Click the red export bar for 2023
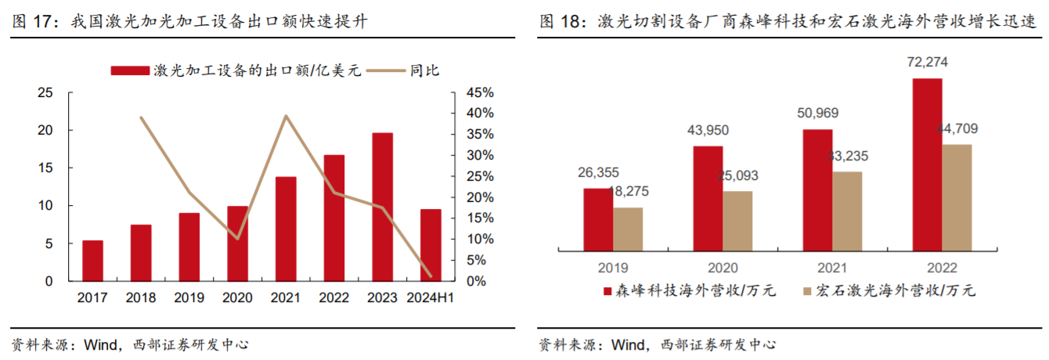tap(382, 207)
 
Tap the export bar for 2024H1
tap(431, 245)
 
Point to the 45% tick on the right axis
tap(479, 92)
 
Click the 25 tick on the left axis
tap(45, 92)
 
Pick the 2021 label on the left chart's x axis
tap(286, 297)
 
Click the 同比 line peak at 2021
tap(286, 116)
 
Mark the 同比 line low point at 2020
tap(238, 238)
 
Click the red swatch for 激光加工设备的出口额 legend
tap(130, 70)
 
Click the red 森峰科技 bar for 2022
tap(928, 164)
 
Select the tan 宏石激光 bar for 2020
tap(737, 220)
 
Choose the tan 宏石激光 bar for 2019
tap(628, 229)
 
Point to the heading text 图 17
tap(34, 22)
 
